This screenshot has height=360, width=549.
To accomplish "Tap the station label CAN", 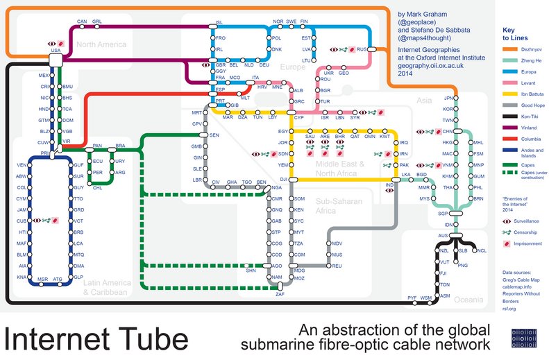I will point(81,22).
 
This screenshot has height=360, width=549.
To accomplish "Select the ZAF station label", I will point(280,295).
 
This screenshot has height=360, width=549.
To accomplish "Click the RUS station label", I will point(361,50).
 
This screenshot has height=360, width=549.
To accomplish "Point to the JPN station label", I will point(448,98).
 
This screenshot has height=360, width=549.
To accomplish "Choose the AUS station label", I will point(444,236).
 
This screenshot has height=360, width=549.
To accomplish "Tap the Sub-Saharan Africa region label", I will point(339,206).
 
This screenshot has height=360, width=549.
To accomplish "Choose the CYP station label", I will point(299,118).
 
